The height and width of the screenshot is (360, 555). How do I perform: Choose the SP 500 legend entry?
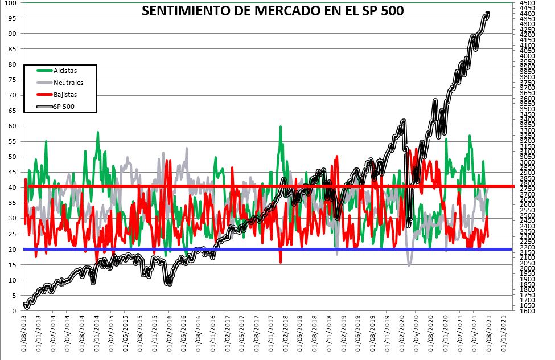(64, 107)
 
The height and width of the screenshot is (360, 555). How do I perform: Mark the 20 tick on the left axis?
(12, 249)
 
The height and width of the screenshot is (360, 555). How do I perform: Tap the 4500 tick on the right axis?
(527, 3)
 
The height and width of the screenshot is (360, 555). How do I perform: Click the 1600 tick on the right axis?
(527, 311)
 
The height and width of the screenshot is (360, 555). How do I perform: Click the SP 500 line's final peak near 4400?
(488, 14)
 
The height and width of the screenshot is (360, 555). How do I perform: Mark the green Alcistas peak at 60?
(281, 126)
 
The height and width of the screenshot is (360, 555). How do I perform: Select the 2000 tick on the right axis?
(527, 268)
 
